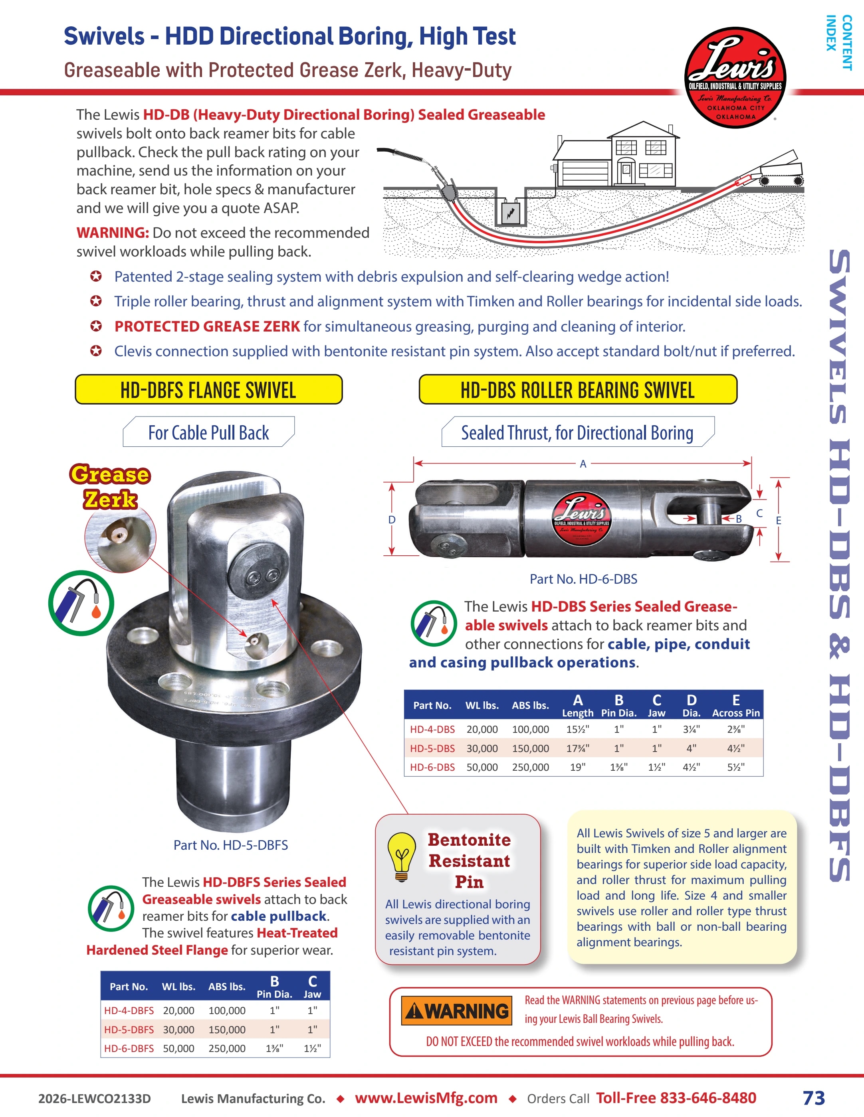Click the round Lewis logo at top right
coord(735,77)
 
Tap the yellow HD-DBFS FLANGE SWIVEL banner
coord(209,390)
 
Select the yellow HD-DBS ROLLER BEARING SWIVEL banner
coord(578,390)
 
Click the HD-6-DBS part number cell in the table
coord(432,767)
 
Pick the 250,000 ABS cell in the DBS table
coord(530,767)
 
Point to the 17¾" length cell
coord(578,748)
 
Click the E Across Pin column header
coord(736,706)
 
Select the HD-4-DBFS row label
coord(129,1010)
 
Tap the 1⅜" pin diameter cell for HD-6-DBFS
coord(274,1048)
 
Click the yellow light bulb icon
coord(402,856)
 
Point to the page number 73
coord(814,1098)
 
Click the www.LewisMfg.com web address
coord(426,1098)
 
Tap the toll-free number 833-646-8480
coord(708,1098)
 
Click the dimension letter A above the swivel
coord(583,464)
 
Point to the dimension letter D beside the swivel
coord(392,520)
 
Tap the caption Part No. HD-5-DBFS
coord(231,845)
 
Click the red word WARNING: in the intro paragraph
coord(113,233)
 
